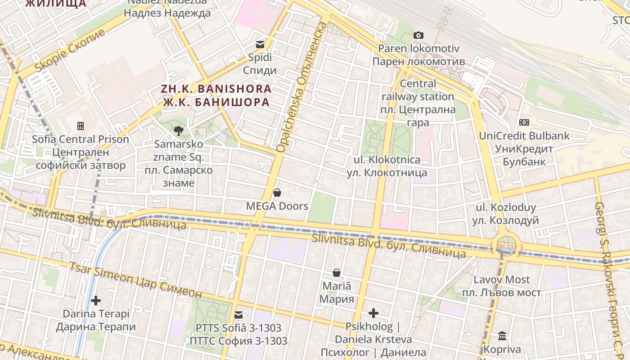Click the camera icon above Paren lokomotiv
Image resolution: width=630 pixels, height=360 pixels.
pyautogui.click(x=418, y=35)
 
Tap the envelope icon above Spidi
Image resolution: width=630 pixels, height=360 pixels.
pyautogui.click(x=260, y=44)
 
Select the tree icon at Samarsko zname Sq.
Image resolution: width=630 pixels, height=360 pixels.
pyautogui.click(x=179, y=131)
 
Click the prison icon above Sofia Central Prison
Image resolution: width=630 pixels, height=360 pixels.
pyautogui.click(x=81, y=126)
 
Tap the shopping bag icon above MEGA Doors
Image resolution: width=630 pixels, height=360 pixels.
pyautogui.click(x=277, y=193)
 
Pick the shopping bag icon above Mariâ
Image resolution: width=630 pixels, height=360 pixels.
pyautogui.click(x=336, y=272)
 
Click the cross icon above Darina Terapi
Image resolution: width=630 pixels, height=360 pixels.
pyautogui.click(x=95, y=300)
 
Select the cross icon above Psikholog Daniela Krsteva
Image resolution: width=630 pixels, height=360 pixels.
pyautogui.click(x=373, y=313)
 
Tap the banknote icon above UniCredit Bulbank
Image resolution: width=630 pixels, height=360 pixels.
pyautogui.click(x=524, y=122)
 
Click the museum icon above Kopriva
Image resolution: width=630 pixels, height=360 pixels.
pyautogui.click(x=502, y=336)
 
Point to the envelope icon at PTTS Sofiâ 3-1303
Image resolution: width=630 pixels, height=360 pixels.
pyautogui.click(x=238, y=315)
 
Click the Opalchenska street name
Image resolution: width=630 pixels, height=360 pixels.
pyautogui.click(x=301, y=85)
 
